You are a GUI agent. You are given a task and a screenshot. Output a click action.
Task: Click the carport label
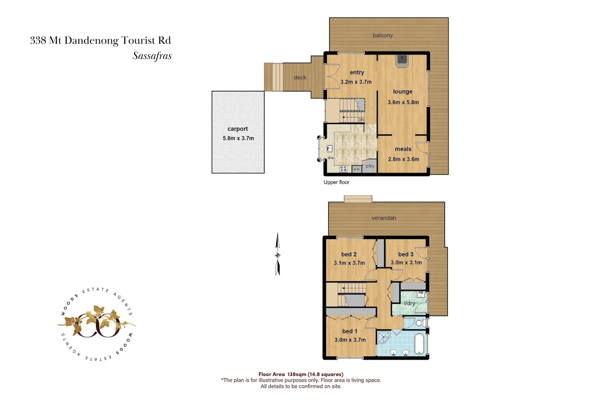tap(237, 129)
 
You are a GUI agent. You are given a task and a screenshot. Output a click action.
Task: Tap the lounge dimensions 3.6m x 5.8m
tap(403, 102)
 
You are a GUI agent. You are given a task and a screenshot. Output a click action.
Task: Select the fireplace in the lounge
tap(402, 61)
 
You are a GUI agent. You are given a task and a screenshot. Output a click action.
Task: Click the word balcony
tap(383, 35)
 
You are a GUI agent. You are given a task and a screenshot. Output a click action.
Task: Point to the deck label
tap(300, 78)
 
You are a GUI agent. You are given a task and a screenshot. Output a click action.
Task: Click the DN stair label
tap(361, 120)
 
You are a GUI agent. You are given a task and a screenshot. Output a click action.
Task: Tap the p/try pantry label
tap(370, 166)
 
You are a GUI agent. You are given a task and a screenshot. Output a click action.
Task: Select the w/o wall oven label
tap(356, 169)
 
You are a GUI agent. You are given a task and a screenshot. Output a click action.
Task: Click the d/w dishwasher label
tap(330, 158)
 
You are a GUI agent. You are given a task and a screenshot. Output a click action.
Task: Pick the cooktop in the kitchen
tap(343, 169)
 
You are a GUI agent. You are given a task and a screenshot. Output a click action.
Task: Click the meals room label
tap(403, 149)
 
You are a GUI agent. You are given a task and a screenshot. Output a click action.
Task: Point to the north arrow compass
tap(278, 255)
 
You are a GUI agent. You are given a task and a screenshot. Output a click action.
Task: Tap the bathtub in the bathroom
tap(420, 344)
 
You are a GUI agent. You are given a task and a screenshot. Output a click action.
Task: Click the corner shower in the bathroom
tap(383, 337)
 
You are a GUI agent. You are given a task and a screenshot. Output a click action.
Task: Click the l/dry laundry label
tap(410, 303)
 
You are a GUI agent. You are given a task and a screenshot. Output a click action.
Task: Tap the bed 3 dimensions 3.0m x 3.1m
tap(406, 263)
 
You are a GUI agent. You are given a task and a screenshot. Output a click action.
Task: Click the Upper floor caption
tap(336, 182)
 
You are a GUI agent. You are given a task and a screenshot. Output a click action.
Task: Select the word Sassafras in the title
tap(152, 56)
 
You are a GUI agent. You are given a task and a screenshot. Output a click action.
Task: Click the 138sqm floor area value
tap(297, 374)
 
